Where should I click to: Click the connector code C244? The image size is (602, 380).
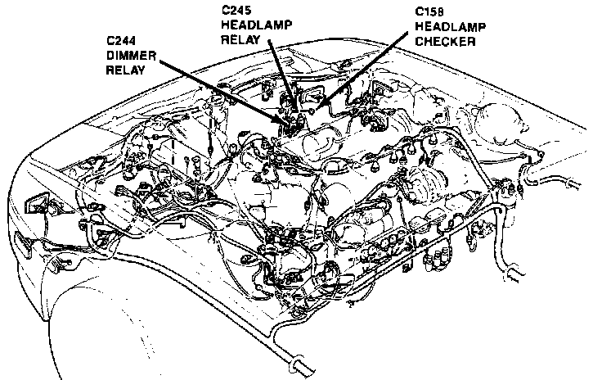(121, 40)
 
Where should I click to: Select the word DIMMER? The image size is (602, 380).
(132, 56)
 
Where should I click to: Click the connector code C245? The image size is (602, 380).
(236, 10)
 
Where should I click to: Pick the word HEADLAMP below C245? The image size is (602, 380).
(257, 25)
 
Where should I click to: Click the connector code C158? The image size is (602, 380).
(429, 11)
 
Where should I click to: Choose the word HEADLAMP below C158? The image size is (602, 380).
(451, 26)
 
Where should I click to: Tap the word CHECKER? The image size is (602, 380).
(445, 42)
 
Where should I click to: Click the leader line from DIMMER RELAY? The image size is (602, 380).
(222, 90)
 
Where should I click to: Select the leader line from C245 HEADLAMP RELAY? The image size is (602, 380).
(282, 75)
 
